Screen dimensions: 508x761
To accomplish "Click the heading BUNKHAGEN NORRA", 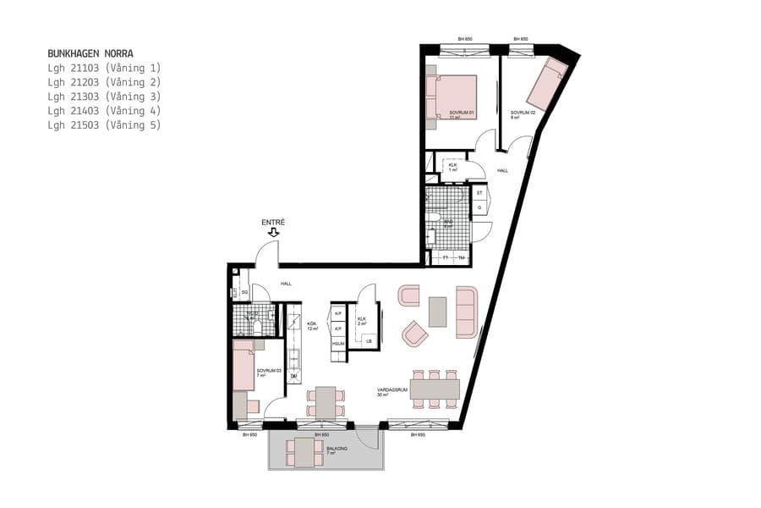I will point(90,53).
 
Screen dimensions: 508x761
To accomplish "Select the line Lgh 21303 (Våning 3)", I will point(104,97).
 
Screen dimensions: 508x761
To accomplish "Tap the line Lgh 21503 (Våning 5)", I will point(104,125).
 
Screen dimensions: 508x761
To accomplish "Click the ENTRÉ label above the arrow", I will point(272,222).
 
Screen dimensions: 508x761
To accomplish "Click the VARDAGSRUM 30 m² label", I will point(393,391).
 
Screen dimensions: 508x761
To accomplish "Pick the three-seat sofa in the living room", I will point(467,312).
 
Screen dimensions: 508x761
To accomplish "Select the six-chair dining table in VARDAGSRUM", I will point(432,388).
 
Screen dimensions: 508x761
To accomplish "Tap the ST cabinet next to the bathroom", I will point(479,193).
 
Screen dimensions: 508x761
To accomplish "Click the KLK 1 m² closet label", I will point(453,168).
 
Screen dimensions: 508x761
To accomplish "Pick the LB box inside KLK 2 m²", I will point(369,341).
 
